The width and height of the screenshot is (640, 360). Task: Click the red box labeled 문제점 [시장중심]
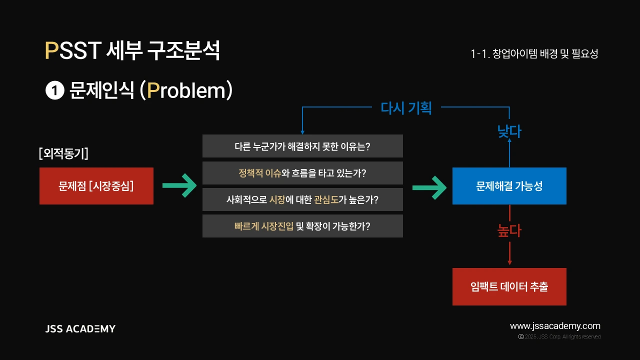click(96, 186)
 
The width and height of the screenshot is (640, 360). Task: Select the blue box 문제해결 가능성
click(509, 186)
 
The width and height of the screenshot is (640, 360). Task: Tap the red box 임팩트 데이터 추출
click(509, 286)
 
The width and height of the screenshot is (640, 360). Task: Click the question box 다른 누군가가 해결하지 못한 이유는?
click(302, 146)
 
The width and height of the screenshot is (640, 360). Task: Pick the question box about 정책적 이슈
click(302, 173)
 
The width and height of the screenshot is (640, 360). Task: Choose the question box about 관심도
click(302, 199)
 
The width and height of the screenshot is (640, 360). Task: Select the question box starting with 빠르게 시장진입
click(302, 226)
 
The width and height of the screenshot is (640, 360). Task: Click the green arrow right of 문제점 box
click(179, 185)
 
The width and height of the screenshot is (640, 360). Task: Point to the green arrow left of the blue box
click(429, 187)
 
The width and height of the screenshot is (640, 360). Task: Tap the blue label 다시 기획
click(406, 108)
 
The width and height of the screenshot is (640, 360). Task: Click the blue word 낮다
click(509, 131)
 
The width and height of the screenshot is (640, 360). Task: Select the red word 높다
click(509, 230)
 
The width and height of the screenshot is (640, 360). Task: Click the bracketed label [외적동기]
click(63, 153)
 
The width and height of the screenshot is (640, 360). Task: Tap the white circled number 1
click(55, 90)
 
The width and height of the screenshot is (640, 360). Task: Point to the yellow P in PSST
click(51, 50)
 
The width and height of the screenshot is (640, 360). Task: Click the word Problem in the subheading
click(186, 90)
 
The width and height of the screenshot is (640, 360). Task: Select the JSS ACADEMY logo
click(80, 329)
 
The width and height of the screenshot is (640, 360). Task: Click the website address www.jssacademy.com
click(555, 326)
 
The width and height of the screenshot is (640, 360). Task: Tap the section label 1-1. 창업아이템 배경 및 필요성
click(534, 53)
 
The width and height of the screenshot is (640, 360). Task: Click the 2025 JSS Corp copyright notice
click(559, 337)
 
